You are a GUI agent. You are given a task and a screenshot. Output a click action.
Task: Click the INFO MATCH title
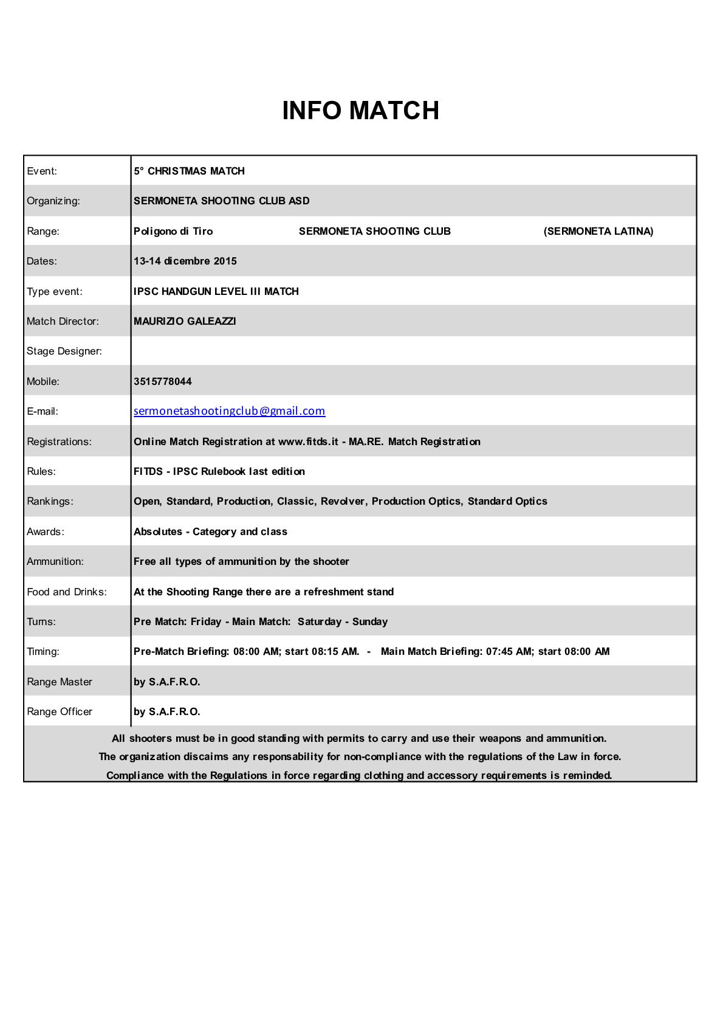click(360, 111)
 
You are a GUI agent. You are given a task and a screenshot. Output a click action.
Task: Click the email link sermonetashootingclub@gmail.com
click(229, 411)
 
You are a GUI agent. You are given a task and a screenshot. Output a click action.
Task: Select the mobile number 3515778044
click(162, 381)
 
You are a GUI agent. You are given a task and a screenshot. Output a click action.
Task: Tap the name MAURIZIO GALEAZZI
click(185, 321)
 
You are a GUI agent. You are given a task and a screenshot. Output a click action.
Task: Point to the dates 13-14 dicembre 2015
click(185, 261)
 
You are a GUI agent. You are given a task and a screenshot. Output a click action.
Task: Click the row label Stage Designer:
click(64, 351)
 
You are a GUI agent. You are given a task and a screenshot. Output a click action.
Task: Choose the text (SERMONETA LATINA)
click(598, 231)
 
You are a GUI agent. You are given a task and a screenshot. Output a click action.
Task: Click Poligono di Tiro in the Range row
click(173, 231)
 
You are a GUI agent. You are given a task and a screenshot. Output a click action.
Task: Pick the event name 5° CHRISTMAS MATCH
click(189, 171)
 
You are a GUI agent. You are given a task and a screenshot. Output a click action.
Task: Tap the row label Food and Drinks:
click(66, 592)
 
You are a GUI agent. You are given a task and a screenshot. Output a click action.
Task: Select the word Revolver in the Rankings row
click(343, 501)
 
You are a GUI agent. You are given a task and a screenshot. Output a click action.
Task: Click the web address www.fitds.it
click(308, 441)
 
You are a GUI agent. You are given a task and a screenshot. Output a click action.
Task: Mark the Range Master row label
click(59, 682)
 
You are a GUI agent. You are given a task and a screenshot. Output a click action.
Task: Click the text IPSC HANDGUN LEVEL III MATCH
click(216, 291)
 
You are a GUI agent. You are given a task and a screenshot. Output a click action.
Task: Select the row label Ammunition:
click(55, 561)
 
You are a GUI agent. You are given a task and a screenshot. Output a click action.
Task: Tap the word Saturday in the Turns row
click(319, 621)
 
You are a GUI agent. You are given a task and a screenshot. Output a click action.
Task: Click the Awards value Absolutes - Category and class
click(210, 531)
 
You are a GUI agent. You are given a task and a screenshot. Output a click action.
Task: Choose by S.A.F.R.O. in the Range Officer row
click(166, 711)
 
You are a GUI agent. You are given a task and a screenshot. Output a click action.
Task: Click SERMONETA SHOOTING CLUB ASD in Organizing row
click(221, 201)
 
